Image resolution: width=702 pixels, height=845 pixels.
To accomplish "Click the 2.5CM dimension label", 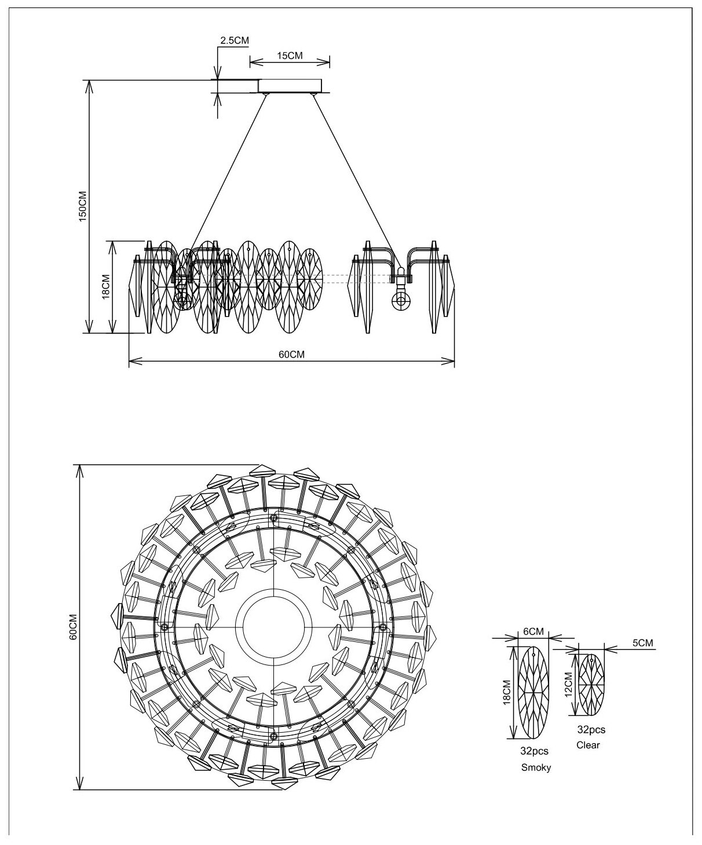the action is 235,41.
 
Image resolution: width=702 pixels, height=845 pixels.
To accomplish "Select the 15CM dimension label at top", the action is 290,56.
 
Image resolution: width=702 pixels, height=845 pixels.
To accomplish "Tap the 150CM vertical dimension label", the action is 82,207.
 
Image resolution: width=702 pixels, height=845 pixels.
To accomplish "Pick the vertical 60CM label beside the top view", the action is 72,627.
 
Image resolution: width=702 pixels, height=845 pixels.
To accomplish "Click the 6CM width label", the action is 533,631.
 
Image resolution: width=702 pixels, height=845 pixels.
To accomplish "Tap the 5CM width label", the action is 642,643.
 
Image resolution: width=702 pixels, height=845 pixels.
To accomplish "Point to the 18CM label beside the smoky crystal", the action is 507,692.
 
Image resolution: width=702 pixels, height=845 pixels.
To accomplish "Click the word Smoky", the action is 536,768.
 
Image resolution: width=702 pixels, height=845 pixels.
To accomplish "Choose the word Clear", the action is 588,745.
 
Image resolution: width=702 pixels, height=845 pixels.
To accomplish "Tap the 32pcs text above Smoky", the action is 534,752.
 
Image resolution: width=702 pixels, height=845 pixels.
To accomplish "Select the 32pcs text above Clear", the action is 591,730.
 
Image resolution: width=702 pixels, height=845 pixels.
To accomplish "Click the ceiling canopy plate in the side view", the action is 290,86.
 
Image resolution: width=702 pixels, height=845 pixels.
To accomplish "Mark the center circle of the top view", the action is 272,627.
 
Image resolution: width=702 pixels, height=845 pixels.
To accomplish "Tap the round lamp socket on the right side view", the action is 400,300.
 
